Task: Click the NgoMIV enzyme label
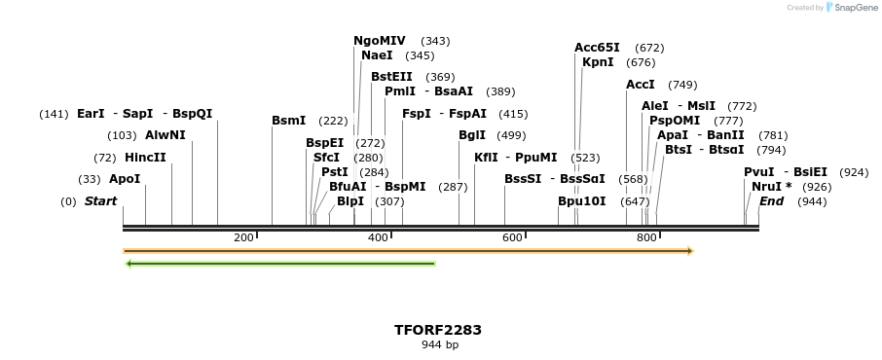pos(380,41)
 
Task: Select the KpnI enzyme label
pos(598,62)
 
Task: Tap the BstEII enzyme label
pos(391,77)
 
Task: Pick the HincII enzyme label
pos(145,158)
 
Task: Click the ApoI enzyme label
pos(125,179)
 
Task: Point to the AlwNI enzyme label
pos(165,135)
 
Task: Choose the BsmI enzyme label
pos(288,121)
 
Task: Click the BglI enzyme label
pos(472,135)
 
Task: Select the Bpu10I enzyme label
pos(581,201)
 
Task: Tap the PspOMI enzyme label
pos(675,121)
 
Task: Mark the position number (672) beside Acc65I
pos(649,48)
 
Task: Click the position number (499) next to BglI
pos(511,135)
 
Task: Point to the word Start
pos(100,201)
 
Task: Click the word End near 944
pos(771,201)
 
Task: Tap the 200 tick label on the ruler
pos(243,237)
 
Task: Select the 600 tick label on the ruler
pos(512,237)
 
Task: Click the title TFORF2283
pos(438,330)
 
